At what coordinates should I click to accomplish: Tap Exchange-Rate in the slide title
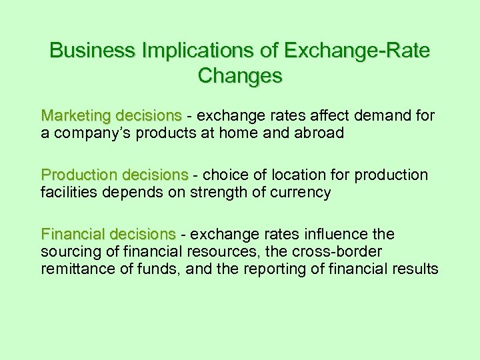pyautogui.click(x=357, y=50)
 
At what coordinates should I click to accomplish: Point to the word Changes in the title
pyautogui.click(x=240, y=75)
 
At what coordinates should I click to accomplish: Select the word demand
pyautogui.click(x=393, y=116)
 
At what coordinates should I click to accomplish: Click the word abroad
pyautogui.click(x=319, y=133)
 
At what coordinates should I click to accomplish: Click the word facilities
pyautogui.click(x=67, y=192)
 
